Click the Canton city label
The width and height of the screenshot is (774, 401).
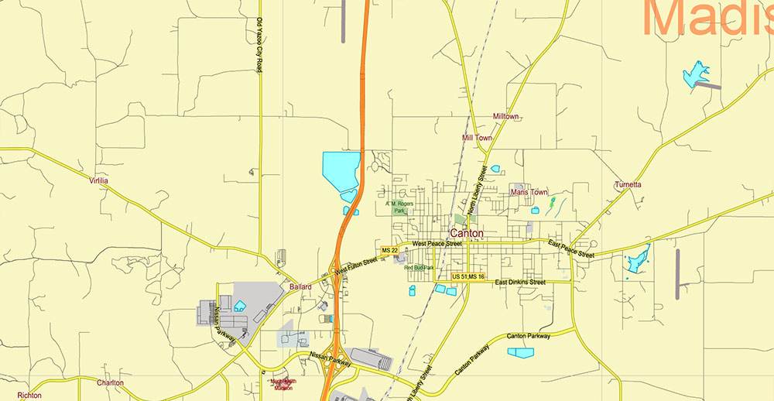point(467,233)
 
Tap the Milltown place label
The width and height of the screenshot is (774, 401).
point(505,116)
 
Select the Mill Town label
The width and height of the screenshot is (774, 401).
point(477,138)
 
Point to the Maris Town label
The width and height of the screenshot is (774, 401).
point(529,192)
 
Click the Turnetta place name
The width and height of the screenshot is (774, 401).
point(628,184)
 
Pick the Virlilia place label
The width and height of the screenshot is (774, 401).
point(98,180)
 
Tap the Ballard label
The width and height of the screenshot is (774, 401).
point(300,286)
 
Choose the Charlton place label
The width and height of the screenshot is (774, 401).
point(110,382)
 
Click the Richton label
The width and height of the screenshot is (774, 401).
point(29,395)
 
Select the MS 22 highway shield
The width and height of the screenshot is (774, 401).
point(389,250)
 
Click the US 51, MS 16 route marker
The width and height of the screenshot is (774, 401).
point(468,276)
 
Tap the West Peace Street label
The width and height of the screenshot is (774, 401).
point(437,244)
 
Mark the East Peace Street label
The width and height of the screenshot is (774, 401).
point(570,248)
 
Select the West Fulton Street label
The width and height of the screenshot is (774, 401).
point(355,265)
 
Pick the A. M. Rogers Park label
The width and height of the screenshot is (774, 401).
point(399,207)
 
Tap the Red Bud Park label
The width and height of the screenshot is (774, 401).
point(419,268)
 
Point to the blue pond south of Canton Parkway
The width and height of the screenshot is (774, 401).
point(520,352)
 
